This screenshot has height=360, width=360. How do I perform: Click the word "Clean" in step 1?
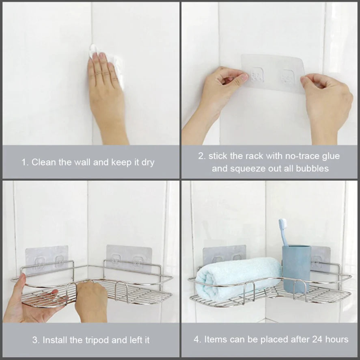click(x=43, y=162)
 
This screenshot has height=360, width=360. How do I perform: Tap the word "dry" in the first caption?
click(x=148, y=163)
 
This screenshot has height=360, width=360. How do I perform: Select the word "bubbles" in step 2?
click(x=312, y=169)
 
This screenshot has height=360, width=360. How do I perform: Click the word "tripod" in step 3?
click(x=97, y=340)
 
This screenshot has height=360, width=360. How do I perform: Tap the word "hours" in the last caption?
click(x=337, y=340)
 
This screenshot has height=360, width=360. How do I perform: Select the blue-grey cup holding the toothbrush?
click(x=296, y=269)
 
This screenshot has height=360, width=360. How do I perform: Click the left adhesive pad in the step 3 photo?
click(x=47, y=260)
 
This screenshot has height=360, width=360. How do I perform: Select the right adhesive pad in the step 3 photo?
click(x=129, y=258)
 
